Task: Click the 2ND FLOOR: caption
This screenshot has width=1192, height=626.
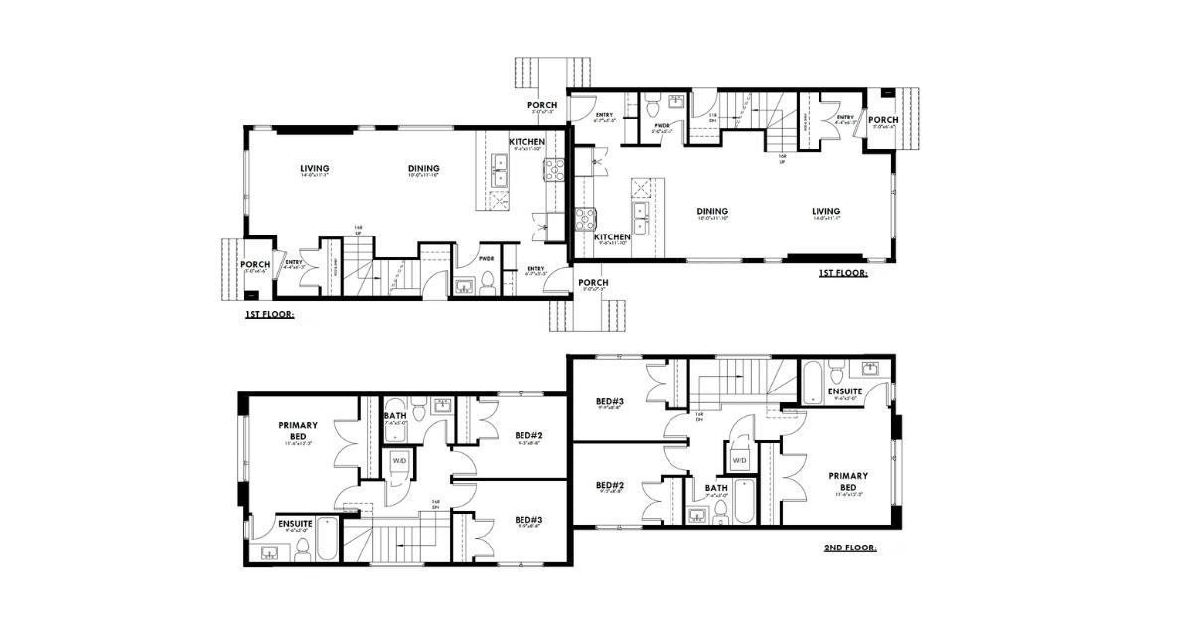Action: pos(850,548)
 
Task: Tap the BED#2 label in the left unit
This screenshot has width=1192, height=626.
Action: pos(527,435)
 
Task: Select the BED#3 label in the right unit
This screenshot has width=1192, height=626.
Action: pos(610,401)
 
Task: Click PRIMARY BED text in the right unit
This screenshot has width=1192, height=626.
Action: pos(848,481)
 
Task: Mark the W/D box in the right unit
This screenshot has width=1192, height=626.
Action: pos(740,461)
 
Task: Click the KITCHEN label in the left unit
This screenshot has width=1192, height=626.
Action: pos(526,142)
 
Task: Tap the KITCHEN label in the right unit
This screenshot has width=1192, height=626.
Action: pos(612,237)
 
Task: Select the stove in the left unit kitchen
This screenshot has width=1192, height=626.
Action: pos(553,169)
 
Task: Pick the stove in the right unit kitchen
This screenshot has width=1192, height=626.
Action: pos(585,219)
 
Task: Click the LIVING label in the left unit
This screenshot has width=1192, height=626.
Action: pos(314,168)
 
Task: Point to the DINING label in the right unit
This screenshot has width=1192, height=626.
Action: pos(712,211)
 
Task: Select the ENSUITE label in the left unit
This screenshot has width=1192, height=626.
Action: pos(296,523)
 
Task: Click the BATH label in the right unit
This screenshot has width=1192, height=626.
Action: pos(716,488)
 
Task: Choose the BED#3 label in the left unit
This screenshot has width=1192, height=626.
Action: pos(527,520)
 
